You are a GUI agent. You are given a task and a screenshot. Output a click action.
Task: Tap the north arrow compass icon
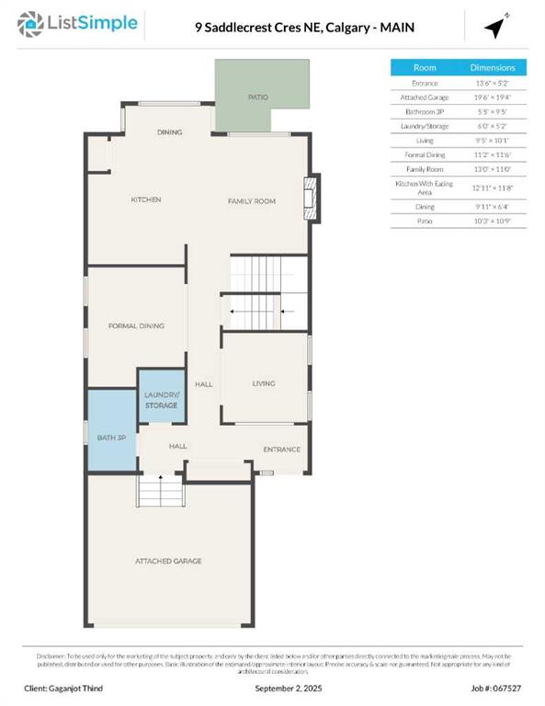click(x=497, y=28)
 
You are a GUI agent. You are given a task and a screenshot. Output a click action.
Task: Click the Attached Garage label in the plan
click(x=168, y=561)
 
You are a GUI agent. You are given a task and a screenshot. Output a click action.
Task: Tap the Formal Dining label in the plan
click(x=135, y=325)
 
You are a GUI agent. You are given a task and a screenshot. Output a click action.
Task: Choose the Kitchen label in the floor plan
click(x=145, y=199)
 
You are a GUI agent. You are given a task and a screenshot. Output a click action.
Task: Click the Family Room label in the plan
click(x=252, y=200)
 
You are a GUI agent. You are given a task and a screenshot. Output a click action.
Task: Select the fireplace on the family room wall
click(x=313, y=199)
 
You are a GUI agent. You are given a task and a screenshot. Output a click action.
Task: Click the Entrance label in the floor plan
click(x=281, y=450)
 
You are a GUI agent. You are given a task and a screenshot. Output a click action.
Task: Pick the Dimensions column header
click(x=493, y=68)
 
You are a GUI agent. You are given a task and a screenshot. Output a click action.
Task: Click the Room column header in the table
click(x=424, y=68)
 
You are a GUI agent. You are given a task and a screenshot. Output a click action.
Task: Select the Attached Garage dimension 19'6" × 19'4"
click(x=493, y=97)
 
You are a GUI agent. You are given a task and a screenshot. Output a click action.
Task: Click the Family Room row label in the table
click(x=424, y=169)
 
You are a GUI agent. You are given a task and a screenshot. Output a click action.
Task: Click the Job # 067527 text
click(x=496, y=688)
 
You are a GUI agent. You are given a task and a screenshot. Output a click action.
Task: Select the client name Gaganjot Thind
click(x=77, y=688)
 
